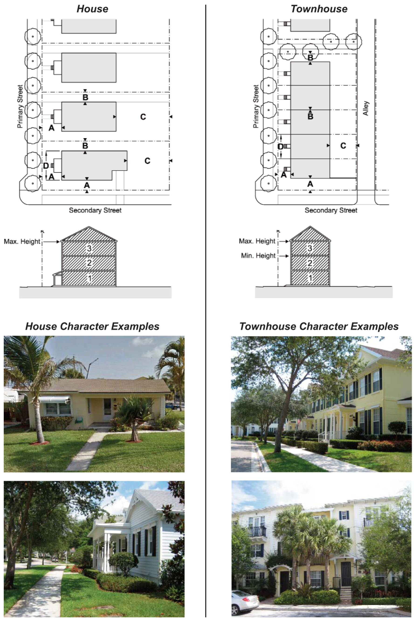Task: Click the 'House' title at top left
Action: pyautogui.click(x=92, y=9)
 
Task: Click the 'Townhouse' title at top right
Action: pyautogui.click(x=319, y=9)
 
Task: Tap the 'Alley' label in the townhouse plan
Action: pyautogui.click(x=366, y=108)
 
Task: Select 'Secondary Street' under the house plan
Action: pyautogui.click(x=95, y=210)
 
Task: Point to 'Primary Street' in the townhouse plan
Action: pyautogui.click(x=255, y=106)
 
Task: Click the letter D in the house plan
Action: pyautogui.click(x=46, y=166)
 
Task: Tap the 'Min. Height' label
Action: pyautogui.click(x=258, y=256)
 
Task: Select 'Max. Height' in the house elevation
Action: pyautogui.click(x=22, y=241)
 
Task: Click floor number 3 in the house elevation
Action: pyautogui.click(x=89, y=248)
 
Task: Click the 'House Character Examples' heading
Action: pyautogui.click(x=92, y=326)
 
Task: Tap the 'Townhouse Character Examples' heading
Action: pyautogui.click(x=319, y=326)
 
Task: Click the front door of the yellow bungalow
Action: pyautogui.click(x=107, y=409)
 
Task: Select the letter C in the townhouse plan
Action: pyautogui.click(x=343, y=146)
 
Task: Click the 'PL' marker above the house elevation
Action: pyautogui.click(x=42, y=232)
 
